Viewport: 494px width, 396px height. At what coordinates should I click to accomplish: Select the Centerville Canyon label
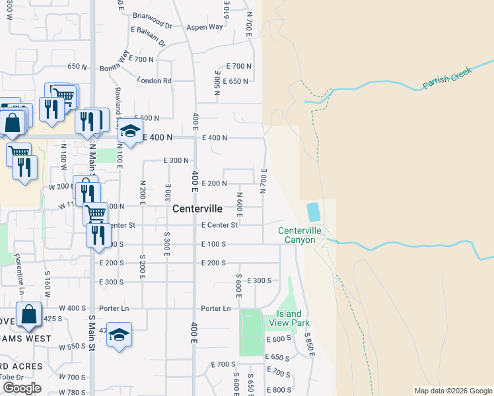tap(299, 235)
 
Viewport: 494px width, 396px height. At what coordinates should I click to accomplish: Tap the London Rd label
tap(155, 81)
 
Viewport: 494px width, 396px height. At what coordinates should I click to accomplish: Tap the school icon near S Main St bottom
tap(118, 335)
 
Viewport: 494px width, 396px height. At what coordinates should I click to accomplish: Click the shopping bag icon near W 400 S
tap(29, 315)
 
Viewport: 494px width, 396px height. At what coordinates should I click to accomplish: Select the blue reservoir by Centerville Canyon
tap(313, 212)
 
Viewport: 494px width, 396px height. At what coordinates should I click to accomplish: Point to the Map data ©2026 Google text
tap(452, 391)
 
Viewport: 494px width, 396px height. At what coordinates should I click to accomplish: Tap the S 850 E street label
tap(309, 343)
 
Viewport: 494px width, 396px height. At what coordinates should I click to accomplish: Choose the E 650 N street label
tap(237, 81)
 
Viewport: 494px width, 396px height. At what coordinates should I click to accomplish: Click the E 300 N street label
tap(176, 160)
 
